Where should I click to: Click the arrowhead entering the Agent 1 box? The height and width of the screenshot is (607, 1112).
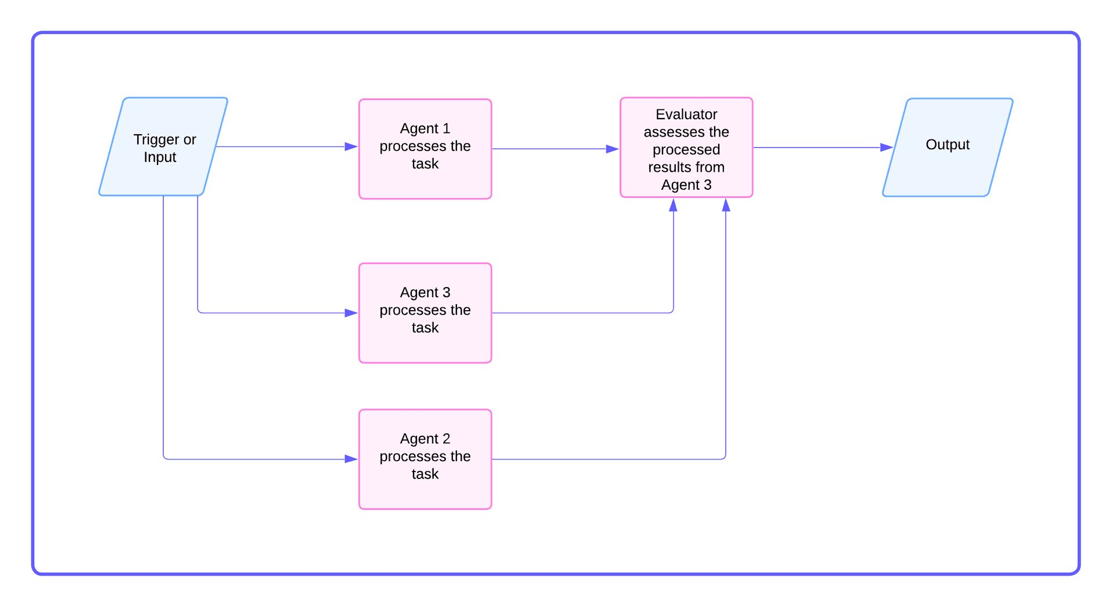(351, 146)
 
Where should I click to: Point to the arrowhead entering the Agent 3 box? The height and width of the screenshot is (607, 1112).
(351, 313)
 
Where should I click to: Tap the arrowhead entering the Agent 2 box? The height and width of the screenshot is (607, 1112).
(351, 459)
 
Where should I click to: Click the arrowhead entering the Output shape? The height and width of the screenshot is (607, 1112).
(886, 148)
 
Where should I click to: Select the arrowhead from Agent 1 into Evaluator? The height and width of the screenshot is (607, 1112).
(612, 149)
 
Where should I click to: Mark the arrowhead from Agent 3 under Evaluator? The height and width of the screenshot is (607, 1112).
(673, 205)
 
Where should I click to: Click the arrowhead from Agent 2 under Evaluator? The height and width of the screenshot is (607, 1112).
(726, 205)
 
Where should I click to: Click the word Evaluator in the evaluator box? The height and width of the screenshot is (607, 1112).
(686, 115)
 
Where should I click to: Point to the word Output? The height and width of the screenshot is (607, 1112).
(948, 145)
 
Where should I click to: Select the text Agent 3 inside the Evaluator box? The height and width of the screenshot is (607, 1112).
(686, 185)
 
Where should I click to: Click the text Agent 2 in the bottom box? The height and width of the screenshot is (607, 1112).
(425, 439)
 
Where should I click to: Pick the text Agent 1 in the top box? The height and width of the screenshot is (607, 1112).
(425, 128)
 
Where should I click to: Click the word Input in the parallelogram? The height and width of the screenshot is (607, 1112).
(160, 157)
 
